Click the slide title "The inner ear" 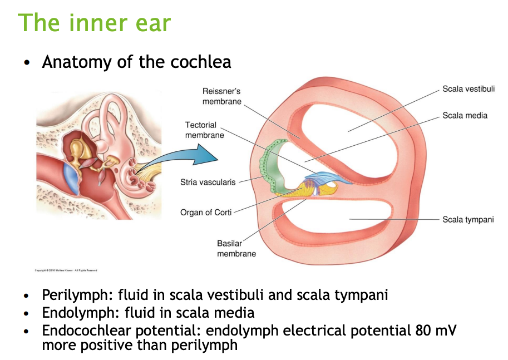[95, 23]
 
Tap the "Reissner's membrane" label [222, 96]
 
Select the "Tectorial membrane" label [205, 130]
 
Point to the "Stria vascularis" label [208, 182]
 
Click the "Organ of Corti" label [206, 212]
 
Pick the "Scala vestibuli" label [468, 89]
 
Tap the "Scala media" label [465, 116]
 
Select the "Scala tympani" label [468, 219]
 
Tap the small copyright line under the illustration [66, 270]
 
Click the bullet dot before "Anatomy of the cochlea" [26, 62]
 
